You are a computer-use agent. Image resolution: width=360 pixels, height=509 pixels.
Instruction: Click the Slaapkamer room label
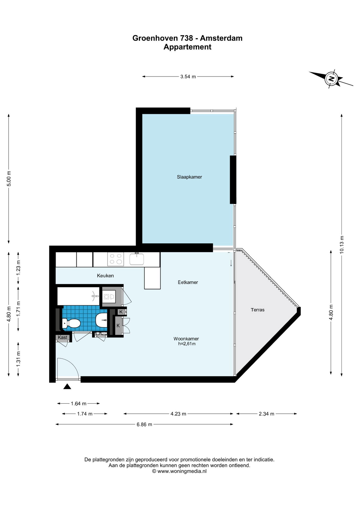point(189,177)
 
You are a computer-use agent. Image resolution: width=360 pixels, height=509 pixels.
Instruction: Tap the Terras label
point(257,310)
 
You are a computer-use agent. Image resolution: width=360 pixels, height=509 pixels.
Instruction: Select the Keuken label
point(105,276)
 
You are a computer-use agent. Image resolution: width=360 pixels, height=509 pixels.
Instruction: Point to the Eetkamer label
point(188,282)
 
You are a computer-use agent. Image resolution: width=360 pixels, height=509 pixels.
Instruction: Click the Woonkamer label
point(186,339)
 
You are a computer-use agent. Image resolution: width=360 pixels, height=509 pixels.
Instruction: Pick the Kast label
point(63,337)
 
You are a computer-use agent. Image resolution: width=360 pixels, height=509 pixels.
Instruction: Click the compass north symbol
point(331,78)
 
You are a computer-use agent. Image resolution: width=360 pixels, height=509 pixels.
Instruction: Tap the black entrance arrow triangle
point(67,387)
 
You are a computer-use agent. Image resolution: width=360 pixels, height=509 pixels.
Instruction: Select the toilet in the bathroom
point(71,323)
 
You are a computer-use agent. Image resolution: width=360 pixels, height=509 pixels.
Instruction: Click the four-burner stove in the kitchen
point(116,259)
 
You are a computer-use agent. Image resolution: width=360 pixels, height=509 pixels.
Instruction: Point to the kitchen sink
point(137,259)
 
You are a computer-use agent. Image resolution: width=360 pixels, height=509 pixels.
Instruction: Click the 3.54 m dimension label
point(188,77)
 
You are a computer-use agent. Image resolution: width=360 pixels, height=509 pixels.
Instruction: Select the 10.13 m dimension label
point(342,245)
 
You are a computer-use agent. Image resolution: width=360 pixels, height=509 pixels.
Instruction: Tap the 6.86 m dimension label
point(144,424)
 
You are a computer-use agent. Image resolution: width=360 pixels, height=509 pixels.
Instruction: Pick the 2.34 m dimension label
point(266,414)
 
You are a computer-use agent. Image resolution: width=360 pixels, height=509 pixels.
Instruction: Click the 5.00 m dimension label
point(9,179)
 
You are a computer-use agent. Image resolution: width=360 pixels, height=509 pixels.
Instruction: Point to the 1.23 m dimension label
point(18,268)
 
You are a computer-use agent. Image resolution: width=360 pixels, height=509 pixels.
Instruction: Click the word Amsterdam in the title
point(221,38)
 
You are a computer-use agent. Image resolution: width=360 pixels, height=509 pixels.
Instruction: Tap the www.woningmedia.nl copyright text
point(179,471)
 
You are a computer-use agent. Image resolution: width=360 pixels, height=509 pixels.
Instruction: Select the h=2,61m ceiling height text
point(187,344)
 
